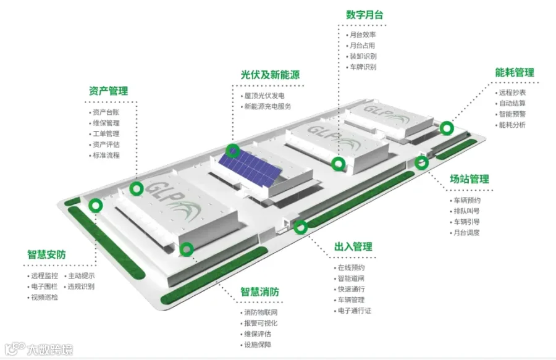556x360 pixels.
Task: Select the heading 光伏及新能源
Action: click(270, 75)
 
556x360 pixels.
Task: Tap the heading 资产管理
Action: click(108, 91)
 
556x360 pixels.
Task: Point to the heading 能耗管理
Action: click(515, 73)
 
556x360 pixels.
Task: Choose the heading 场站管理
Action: click(470, 179)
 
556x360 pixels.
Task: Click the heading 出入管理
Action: click(353, 246)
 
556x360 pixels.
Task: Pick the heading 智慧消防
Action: click(260, 291)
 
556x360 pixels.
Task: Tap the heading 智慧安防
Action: click(46, 254)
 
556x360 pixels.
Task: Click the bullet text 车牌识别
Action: click(363, 67)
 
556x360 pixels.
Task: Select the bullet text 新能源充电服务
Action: click(267, 106)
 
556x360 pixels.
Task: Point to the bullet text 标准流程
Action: click(106, 155)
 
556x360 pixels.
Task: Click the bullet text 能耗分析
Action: click(512, 125)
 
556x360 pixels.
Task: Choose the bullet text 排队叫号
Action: click(466, 211)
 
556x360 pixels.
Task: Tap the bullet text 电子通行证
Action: click(354, 311)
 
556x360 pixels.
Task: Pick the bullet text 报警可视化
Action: click(261, 323)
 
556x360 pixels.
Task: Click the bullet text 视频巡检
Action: click(44, 297)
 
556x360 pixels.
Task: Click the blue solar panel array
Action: click(250, 166)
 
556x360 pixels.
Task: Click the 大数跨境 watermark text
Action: click(51, 350)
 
